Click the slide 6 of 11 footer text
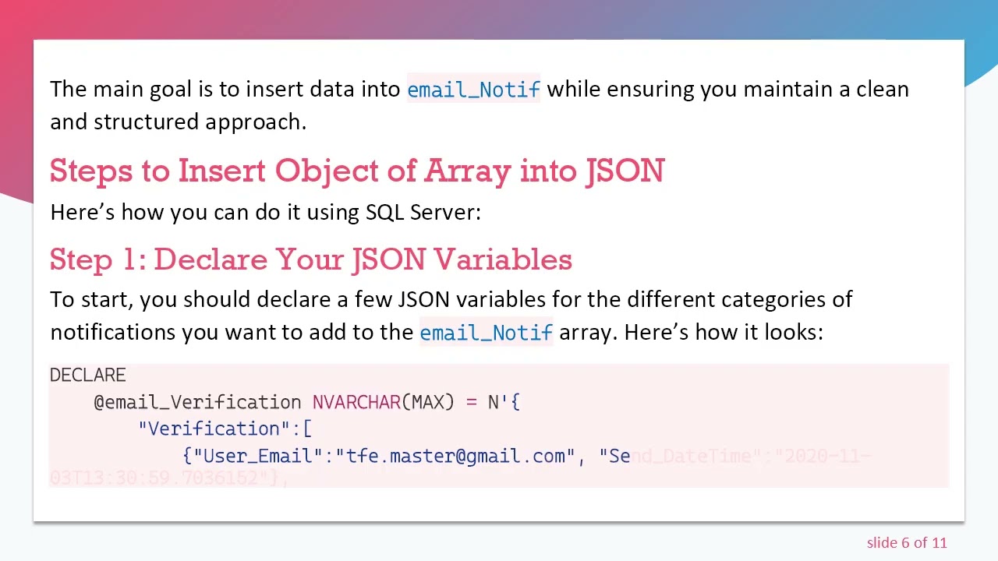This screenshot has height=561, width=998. tap(906, 542)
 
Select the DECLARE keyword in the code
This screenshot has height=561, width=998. tap(87, 376)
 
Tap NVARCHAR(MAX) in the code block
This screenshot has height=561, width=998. tap(383, 402)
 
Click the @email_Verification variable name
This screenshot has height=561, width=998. tap(197, 402)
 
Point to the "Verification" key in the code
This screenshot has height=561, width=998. tap(214, 429)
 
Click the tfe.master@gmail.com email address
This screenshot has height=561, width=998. tap(455, 456)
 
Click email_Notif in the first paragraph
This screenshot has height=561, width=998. tap(473, 90)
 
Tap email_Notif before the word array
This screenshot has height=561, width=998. tap(486, 333)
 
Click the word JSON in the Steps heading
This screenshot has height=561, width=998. tap(625, 171)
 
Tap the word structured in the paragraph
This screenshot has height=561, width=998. tap(147, 122)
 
